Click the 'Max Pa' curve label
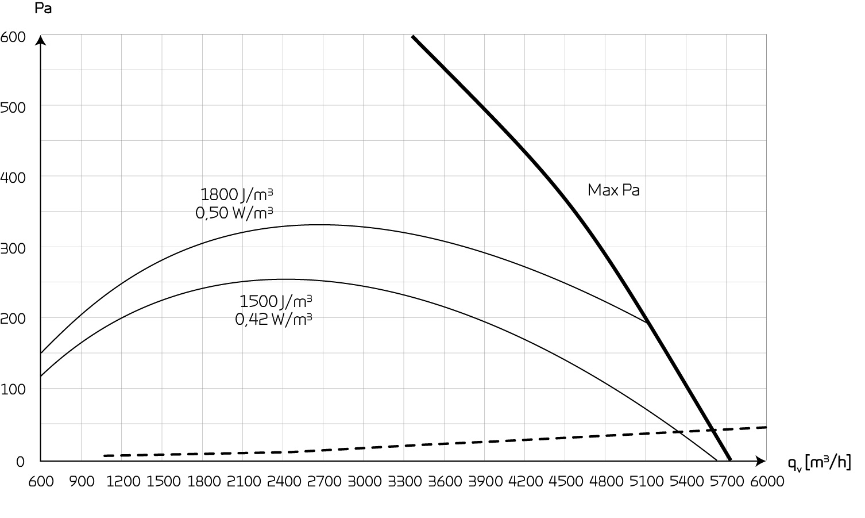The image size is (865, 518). pos(613,190)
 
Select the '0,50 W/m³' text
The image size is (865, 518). pos(234,213)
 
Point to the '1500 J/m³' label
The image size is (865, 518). pos(276,301)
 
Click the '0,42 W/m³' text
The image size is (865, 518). pos(273,319)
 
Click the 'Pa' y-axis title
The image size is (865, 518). pos(44,9)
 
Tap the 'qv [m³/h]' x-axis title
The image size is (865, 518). pos(819,462)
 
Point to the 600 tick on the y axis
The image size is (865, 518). pos(13,37)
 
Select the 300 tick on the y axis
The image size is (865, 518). pos(13,248)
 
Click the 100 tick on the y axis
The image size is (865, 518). pos(13,389)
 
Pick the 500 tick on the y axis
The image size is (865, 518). pos(13,108)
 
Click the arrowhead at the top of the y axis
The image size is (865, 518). pos(41,40)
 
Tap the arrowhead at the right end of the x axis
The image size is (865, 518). pos(762,461)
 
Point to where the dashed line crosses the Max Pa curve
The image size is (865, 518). pos(713,430)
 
